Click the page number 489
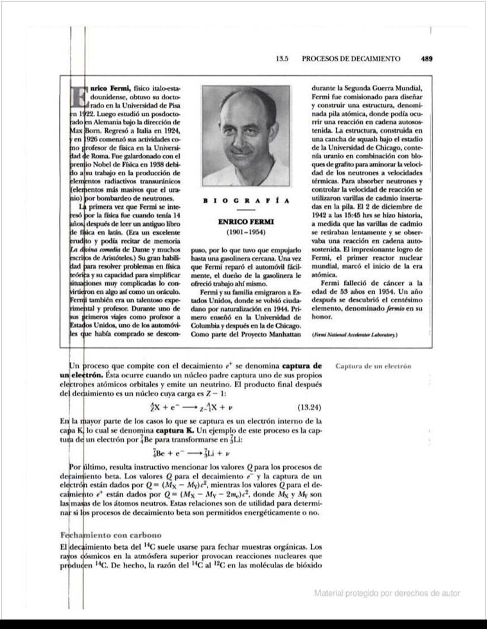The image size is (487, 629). [427, 59]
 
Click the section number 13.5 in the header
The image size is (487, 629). [282, 59]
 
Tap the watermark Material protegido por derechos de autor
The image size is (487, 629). [387, 593]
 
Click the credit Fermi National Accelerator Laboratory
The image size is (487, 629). [354, 335]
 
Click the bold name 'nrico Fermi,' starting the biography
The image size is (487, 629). [110, 88]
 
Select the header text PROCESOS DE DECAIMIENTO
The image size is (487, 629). [351, 59]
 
